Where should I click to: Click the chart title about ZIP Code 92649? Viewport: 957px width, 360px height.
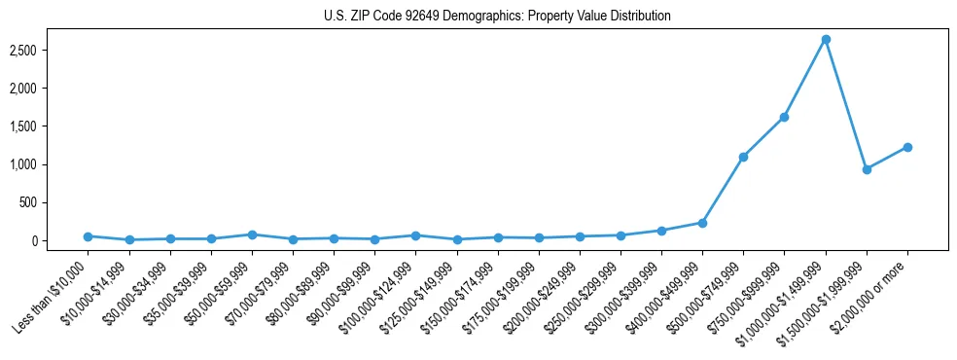tap(497, 16)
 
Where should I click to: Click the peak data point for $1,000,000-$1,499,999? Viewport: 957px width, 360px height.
tap(826, 40)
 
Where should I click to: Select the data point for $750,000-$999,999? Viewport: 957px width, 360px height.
tap(784, 118)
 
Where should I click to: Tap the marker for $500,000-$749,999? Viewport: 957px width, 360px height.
tap(743, 157)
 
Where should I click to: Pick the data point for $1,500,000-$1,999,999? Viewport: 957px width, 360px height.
tap(867, 169)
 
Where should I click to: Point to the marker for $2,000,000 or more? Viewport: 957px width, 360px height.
tap(907, 147)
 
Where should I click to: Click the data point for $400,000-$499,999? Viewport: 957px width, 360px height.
tap(702, 223)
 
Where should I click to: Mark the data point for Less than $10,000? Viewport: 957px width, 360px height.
tap(88, 236)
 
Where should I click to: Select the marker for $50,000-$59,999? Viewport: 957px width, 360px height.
tap(252, 234)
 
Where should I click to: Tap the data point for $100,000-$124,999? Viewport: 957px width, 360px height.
tap(415, 235)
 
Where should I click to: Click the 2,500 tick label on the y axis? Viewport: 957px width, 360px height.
tap(49, 51)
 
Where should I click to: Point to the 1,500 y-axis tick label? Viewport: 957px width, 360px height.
tap(49, 126)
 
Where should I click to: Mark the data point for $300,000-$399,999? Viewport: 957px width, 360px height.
tap(661, 231)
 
